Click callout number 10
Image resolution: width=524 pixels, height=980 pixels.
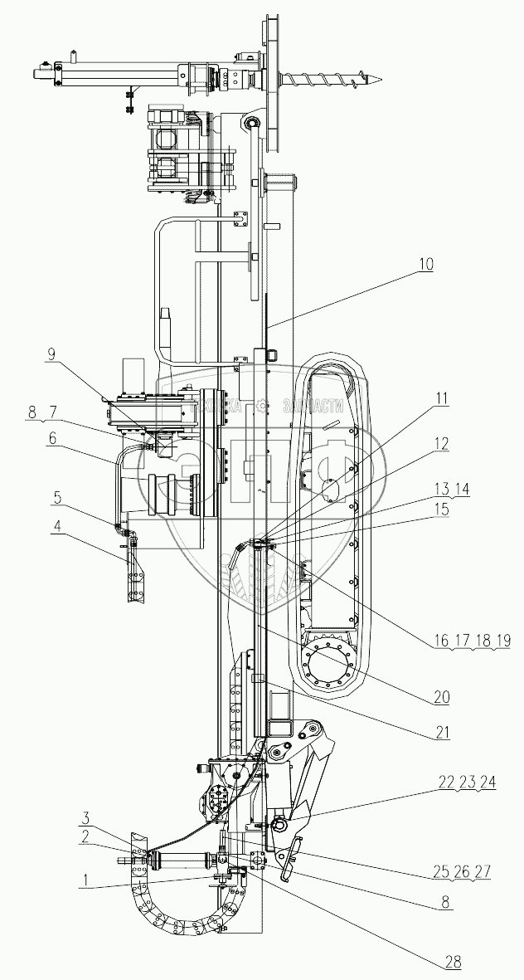click(425, 266)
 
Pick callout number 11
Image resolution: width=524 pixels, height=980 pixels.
click(441, 397)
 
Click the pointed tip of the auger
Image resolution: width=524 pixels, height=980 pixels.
click(381, 80)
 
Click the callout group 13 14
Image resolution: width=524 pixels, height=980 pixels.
click(449, 490)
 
